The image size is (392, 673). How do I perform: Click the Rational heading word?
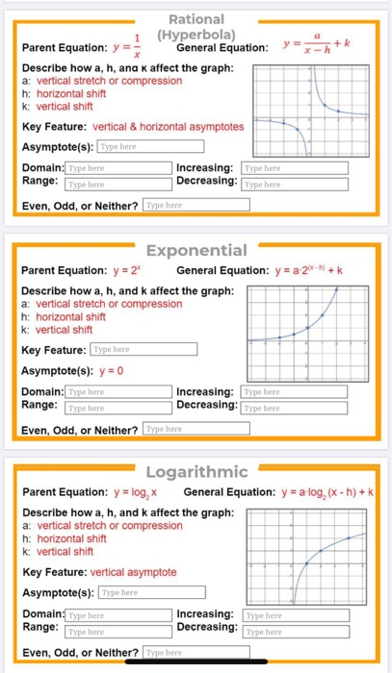(x=196, y=19)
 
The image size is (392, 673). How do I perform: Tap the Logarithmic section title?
(x=196, y=471)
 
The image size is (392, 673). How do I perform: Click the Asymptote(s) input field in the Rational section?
(x=150, y=147)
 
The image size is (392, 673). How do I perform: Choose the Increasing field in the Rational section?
(x=287, y=167)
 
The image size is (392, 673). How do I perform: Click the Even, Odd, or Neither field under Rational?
(x=195, y=205)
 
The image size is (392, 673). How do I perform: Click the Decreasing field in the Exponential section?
(x=287, y=408)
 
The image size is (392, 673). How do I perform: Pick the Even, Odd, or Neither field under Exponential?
(x=195, y=428)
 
